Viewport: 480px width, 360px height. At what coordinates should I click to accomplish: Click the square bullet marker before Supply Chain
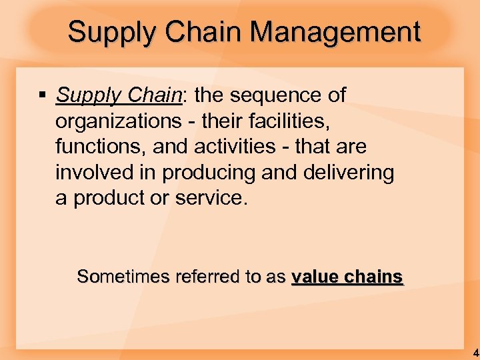point(41,96)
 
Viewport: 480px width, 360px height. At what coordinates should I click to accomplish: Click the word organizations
point(115,121)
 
